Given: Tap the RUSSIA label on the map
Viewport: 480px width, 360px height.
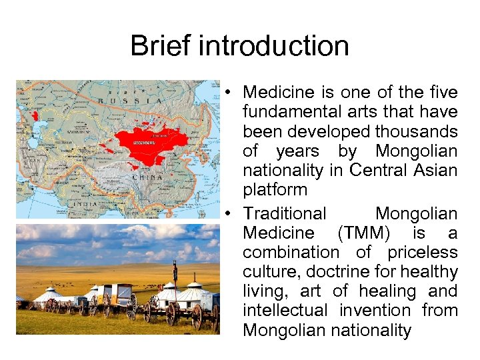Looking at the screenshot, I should (x=130, y=101).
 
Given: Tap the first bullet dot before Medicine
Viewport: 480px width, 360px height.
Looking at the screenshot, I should (x=228, y=92).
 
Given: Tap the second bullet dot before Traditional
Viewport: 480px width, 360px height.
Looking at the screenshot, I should (x=228, y=214).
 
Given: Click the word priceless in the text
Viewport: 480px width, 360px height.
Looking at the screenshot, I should (x=425, y=253).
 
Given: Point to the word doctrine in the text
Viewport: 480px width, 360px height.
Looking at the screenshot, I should (x=316, y=272).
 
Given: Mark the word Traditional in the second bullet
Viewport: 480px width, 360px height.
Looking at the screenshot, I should (x=285, y=214).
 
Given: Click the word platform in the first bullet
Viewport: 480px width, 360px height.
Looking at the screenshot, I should (x=275, y=189).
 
